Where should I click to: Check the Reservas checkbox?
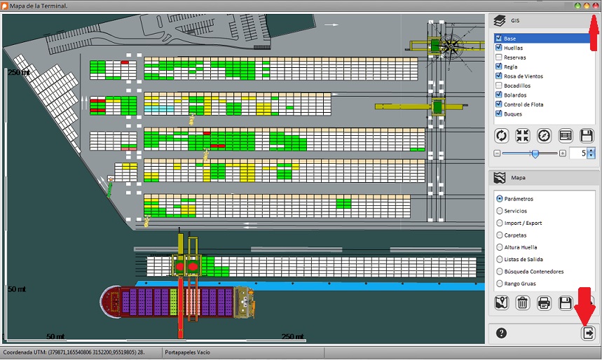499,57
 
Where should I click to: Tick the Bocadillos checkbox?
499,85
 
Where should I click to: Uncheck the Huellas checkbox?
499,48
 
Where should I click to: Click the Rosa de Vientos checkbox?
499,76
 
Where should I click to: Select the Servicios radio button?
500,211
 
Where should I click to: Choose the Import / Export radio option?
500,223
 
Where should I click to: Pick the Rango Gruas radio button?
500,283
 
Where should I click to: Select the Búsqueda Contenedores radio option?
500,271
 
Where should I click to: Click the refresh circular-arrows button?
501,135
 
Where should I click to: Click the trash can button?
522,303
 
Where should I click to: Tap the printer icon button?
544,303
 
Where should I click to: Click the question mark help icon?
501,333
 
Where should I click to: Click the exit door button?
588,333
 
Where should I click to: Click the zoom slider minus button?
497,153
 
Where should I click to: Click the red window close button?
595,6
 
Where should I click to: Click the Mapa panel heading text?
518,178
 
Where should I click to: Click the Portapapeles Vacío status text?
187,352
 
